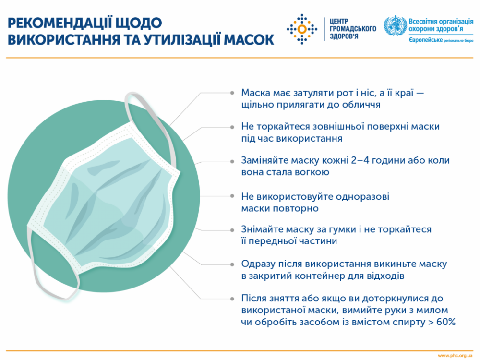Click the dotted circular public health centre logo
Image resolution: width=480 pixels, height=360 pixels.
click(x=302, y=29)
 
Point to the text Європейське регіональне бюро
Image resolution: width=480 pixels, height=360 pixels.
click(x=441, y=42)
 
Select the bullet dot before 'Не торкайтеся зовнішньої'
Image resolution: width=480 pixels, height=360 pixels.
click(x=233, y=126)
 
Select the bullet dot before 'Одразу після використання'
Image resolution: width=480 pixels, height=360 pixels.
click(x=233, y=264)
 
